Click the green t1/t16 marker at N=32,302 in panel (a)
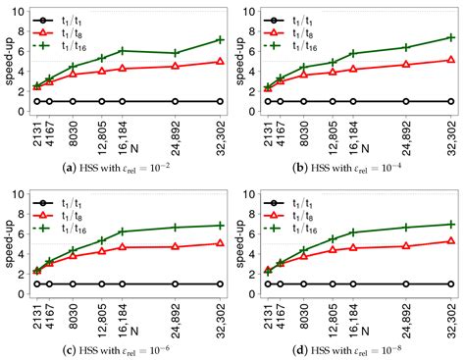[220, 40]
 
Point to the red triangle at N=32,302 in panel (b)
[450, 60]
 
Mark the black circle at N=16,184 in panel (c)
[122, 283]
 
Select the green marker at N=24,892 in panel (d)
[405, 227]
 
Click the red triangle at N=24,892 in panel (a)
[175, 66]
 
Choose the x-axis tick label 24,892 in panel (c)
[175, 313]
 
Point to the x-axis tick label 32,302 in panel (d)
[450, 313]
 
